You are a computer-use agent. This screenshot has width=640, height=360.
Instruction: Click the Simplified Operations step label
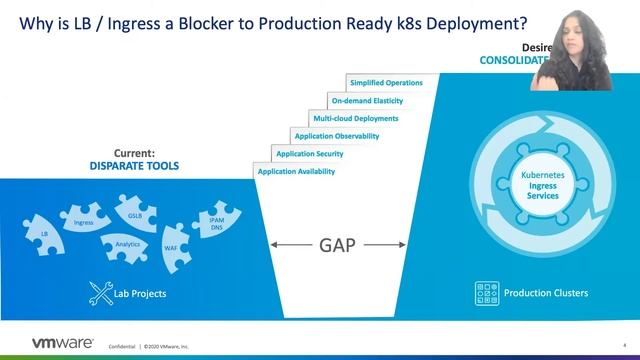tap(386, 82)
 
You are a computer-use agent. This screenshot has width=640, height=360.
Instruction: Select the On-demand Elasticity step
tap(368, 100)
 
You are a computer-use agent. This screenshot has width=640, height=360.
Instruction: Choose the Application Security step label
tap(310, 154)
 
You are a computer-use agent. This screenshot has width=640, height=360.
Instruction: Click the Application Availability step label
tap(296, 172)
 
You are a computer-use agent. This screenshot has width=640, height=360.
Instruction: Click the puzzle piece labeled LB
tap(45, 232)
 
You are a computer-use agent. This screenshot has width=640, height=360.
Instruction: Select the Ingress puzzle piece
tap(84, 222)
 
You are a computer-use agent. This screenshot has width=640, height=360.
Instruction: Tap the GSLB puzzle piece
tap(135, 215)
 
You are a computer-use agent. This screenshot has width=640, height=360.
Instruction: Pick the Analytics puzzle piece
tap(127, 243)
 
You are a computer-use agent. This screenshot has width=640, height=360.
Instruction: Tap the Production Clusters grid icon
tap(487, 293)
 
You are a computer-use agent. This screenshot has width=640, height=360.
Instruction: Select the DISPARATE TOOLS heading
tap(134, 166)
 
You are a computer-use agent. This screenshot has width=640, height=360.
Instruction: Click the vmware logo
tap(50, 343)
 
